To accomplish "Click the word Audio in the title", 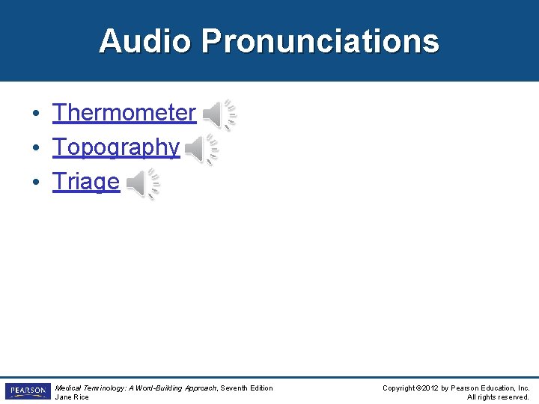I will [145, 41].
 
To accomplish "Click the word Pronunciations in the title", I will [320, 41].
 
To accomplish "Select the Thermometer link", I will [124, 113].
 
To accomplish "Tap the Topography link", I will [116, 147].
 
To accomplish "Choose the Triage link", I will [86, 182].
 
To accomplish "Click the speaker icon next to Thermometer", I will [219, 114].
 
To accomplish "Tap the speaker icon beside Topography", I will [201, 150].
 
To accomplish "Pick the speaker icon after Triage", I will [142, 184].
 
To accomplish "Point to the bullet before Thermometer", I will [36, 114].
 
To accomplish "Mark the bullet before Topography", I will [36, 148].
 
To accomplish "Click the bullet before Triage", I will [36, 183].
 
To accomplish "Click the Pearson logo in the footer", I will [27, 391].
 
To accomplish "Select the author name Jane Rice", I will [72, 397].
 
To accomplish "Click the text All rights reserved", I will [498, 397].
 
